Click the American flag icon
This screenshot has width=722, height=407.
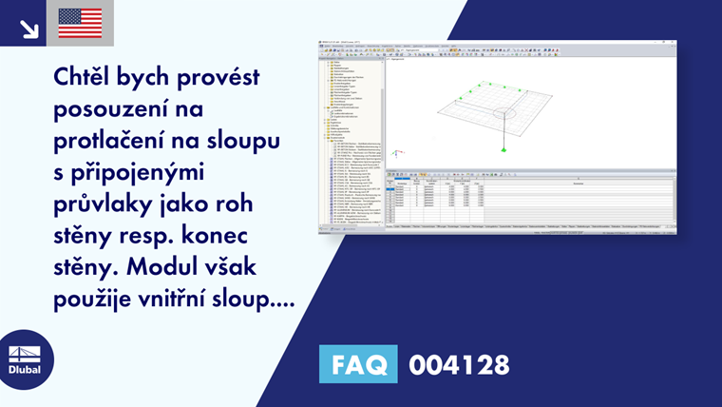click(x=80, y=23)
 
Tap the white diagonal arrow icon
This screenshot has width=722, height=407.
click(x=28, y=27)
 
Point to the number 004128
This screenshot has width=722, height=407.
click(x=459, y=364)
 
